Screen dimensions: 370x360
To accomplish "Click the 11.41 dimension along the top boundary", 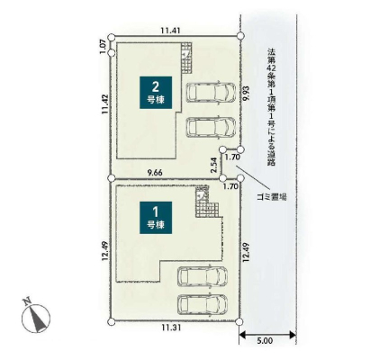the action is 170,31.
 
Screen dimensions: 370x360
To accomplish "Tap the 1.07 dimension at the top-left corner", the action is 103,47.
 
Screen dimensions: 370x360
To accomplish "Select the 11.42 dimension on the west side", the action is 104,104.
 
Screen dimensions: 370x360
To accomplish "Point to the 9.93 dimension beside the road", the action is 246,94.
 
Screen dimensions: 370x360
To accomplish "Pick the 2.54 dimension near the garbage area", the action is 213,166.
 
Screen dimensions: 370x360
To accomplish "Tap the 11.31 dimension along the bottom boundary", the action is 171,328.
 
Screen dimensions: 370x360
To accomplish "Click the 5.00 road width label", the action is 265,341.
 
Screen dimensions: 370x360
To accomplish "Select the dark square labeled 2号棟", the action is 156,93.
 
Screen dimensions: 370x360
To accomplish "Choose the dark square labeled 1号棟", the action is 156,218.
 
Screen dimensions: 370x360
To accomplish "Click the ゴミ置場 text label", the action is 272,197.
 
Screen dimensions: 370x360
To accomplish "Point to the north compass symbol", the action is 36,316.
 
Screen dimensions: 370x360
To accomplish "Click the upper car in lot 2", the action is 211,93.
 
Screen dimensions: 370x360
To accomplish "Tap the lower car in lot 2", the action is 211,127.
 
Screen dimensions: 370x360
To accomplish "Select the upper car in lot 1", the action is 203,276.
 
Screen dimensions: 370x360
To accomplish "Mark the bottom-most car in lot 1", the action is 203,304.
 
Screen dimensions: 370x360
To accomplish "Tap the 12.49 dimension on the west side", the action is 104,251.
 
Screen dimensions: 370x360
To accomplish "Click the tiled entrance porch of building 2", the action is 186,57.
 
